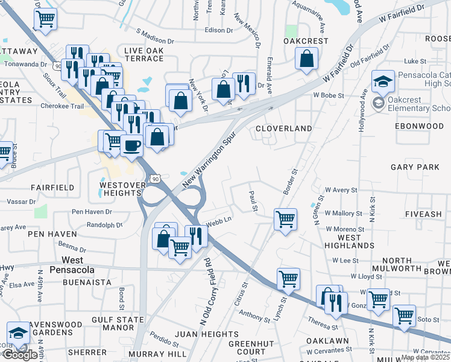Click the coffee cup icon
pyautogui.click(x=131, y=145)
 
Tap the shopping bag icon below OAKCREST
pyautogui.click(x=307, y=59)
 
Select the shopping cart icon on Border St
pyautogui.click(x=285, y=219)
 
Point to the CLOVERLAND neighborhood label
pyautogui.click(x=283, y=129)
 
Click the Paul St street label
pyautogui.click(x=254, y=202)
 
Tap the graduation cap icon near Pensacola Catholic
pyautogui.click(x=383, y=81)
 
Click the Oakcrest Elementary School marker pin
pyautogui.click(x=378, y=103)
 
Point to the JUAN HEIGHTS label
pyautogui.click(x=206, y=334)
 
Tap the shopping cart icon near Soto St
pyautogui.click(x=404, y=315)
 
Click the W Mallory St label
pyautogui.click(x=343, y=213)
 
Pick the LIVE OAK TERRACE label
pyautogui.click(x=143, y=54)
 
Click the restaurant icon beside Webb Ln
pyautogui.click(x=196, y=235)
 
